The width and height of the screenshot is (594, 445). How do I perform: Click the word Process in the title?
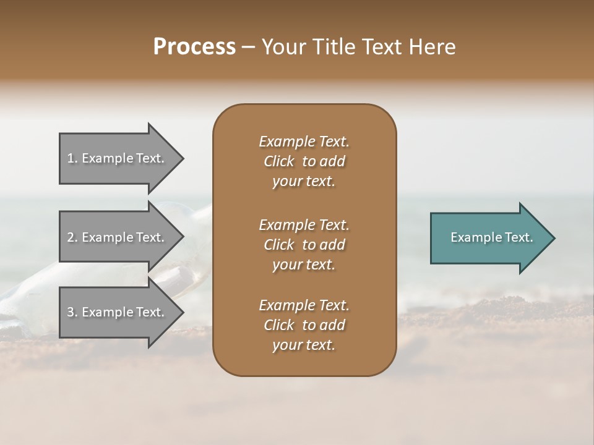pyautogui.click(x=194, y=47)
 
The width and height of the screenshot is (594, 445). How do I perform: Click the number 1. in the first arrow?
pyautogui.click(x=72, y=158)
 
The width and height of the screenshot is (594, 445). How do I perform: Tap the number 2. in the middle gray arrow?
pyautogui.click(x=72, y=237)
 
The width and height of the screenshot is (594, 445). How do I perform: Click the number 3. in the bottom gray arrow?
pyautogui.click(x=72, y=312)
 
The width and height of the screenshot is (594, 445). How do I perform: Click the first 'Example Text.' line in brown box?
pyautogui.click(x=304, y=142)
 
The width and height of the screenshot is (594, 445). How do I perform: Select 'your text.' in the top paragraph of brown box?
pyautogui.click(x=304, y=182)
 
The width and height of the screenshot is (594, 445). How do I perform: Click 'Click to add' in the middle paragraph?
pyautogui.click(x=304, y=245)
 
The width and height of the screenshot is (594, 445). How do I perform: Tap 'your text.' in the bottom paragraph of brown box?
pyautogui.click(x=304, y=345)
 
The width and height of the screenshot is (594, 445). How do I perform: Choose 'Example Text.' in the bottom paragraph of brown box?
pyautogui.click(x=304, y=305)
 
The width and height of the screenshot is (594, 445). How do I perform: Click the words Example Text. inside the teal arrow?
pyautogui.click(x=492, y=237)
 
